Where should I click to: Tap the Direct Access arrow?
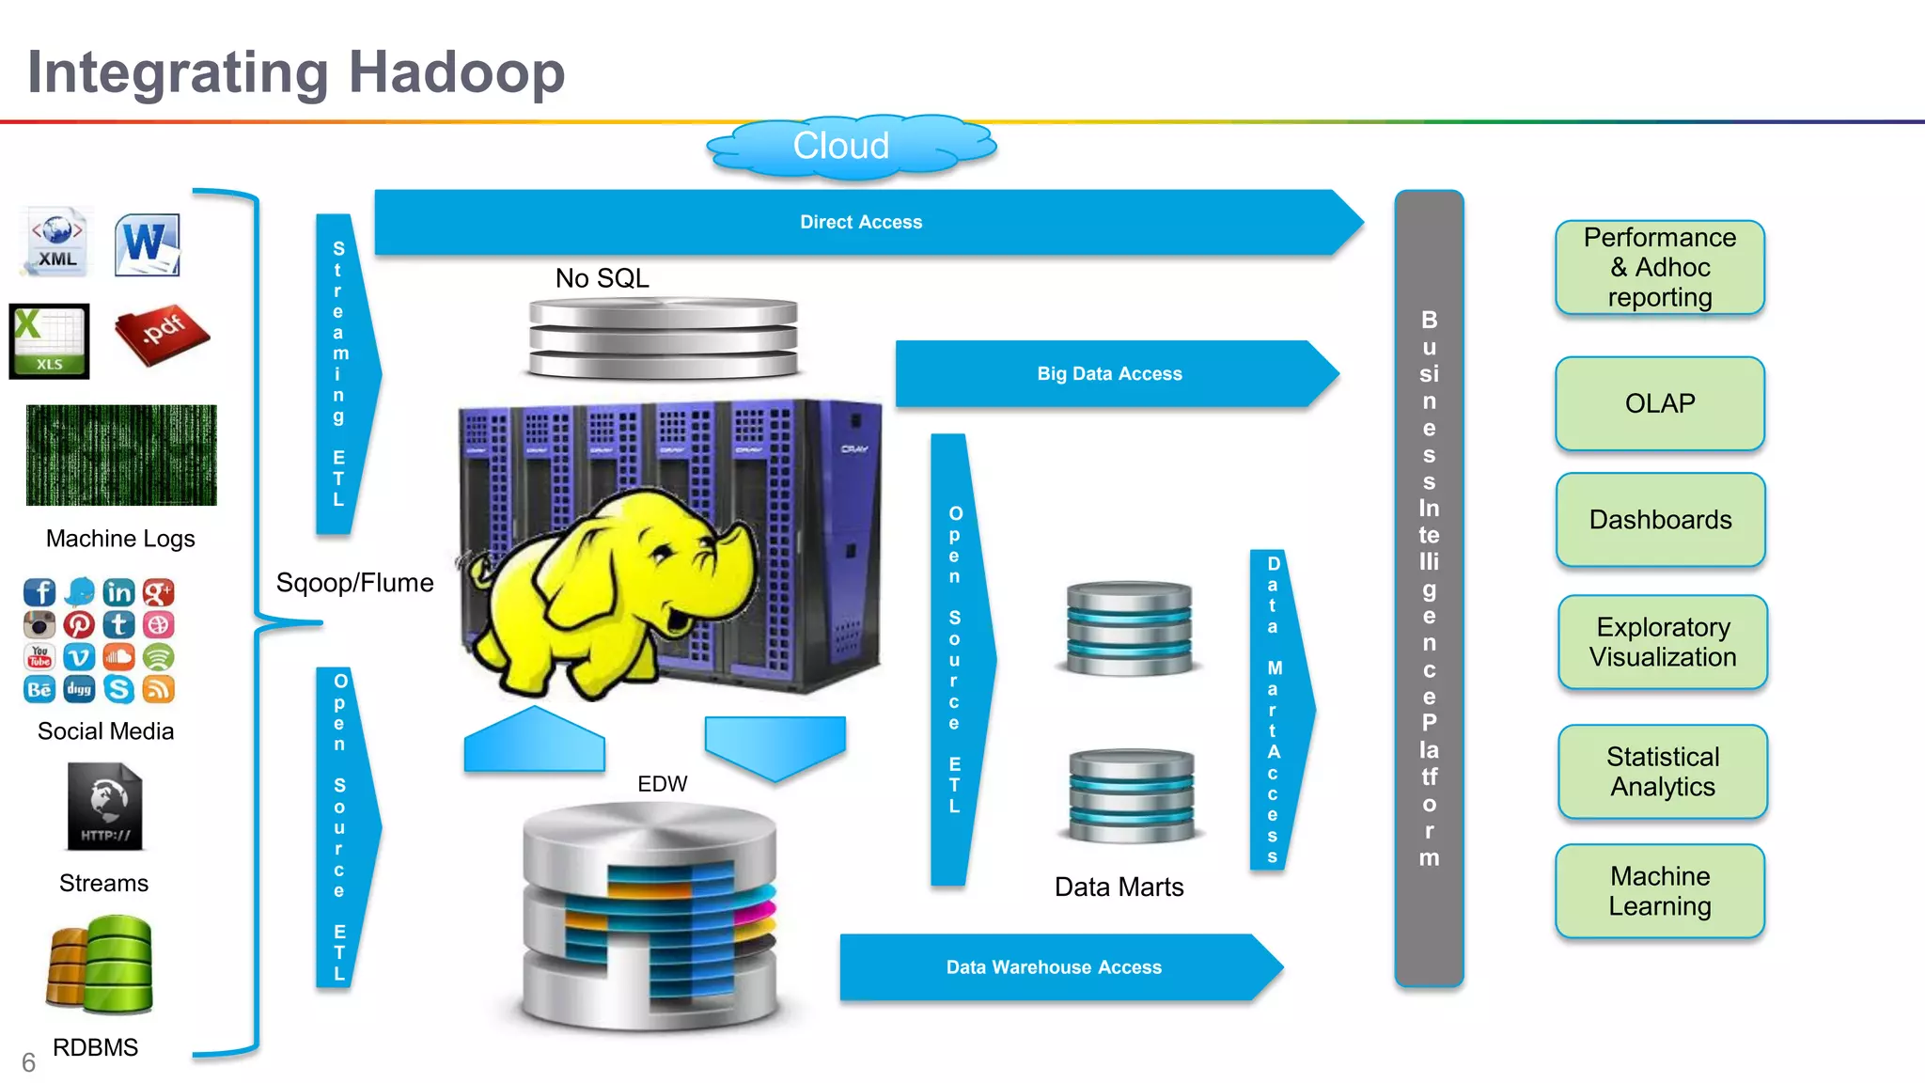pos(860,223)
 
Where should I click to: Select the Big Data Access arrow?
pos(1109,374)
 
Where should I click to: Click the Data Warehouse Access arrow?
pos(1054,967)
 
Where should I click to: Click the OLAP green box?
pos(1659,404)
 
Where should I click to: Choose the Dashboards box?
pos(1660,520)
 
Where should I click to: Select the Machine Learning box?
pos(1659,891)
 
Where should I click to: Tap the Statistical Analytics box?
pos(1662,772)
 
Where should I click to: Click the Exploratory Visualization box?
pos(1662,642)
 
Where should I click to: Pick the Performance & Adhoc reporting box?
pos(1659,268)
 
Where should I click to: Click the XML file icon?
pos(57,243)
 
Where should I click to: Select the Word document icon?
pos(147,245)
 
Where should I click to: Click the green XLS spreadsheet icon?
pos(49,340)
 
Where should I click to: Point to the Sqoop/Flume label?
pos(354,583)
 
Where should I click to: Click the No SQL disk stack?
pos(663,337)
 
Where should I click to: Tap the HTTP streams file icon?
pos(104,808)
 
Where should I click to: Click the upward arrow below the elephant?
pos(534,742)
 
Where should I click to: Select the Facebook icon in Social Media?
pos(39,592)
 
